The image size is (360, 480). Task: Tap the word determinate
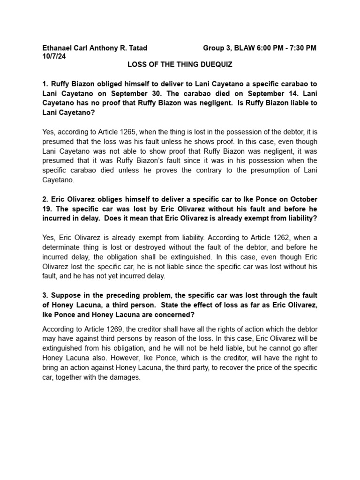point(63,247)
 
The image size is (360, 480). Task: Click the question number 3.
point(45,295)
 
